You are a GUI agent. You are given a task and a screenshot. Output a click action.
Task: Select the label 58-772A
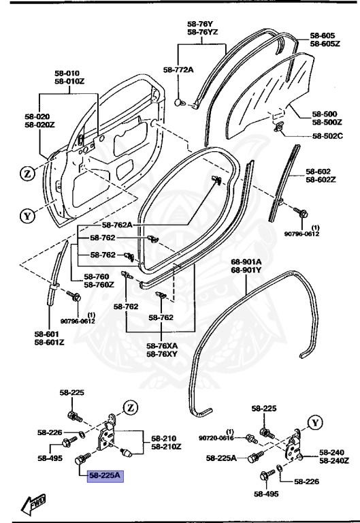click(x=178, y=69)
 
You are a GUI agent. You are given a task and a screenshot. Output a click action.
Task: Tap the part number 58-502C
click(x=328, y=136)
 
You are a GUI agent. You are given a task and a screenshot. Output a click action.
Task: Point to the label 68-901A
click(x=246, y=261)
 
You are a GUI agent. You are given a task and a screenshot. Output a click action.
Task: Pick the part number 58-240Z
click(x=333, y=461)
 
